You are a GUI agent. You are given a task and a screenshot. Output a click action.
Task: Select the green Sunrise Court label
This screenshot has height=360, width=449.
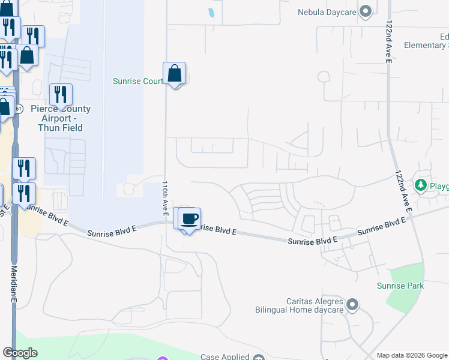(138, 81)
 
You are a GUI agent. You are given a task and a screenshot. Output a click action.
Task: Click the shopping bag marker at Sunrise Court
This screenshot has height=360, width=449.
(174, 74)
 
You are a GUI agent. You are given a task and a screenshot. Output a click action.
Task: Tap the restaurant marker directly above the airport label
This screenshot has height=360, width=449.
(61, 95)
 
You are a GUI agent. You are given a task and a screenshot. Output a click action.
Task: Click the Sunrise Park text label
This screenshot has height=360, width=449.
(400, 286)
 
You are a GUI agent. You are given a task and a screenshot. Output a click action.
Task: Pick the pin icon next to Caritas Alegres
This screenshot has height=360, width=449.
(353, 306)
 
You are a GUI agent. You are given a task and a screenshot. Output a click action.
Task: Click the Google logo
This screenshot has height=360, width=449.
(20, 353)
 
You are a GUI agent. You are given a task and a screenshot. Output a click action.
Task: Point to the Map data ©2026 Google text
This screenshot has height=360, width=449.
(412, 355)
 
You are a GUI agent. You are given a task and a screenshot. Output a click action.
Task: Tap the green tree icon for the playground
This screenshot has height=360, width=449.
(421, 185)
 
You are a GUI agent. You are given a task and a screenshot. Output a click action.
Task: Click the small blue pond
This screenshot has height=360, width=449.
(211, 11)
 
